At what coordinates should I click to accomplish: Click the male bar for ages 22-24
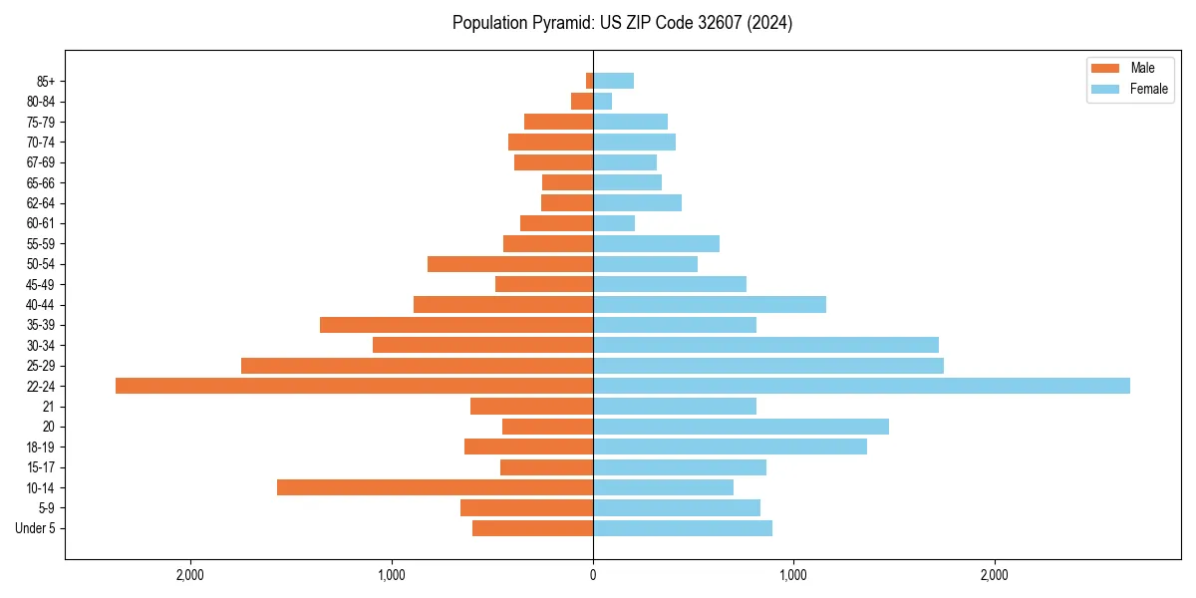(354, 386)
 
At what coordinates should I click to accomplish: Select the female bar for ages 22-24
(861, 386)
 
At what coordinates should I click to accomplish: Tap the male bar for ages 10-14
(435, 487)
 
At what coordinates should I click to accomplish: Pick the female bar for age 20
(741, 427)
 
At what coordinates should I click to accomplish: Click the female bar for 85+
(613, 81)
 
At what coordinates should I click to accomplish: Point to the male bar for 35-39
(456, 325)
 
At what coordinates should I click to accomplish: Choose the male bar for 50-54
(510, 264)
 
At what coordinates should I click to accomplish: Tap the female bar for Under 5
(683, 528)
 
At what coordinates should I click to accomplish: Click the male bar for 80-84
(582, 101)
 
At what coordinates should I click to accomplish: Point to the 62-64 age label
(41, 203)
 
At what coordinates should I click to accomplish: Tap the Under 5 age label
(35, 528)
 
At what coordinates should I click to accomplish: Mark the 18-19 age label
(41, 447)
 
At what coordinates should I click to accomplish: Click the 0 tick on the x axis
(593, 575)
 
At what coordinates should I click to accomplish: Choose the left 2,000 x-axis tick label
(189, 575)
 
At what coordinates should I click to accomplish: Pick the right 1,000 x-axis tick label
(793, 575)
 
